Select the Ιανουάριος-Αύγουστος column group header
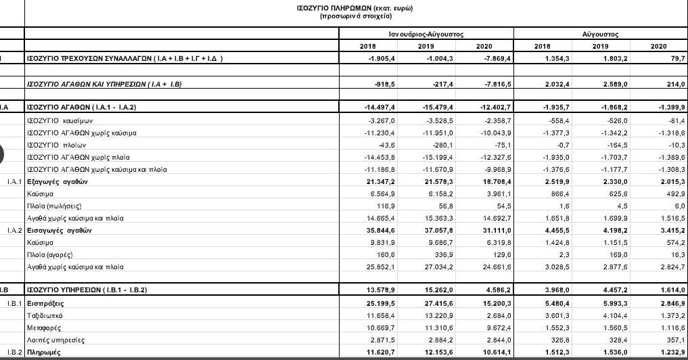(426, 33)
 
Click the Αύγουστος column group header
(600, 33)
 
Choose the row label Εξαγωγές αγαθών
(57, 182)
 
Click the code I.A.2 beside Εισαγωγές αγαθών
(14, 230)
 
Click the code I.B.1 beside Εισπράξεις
(14, 303)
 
